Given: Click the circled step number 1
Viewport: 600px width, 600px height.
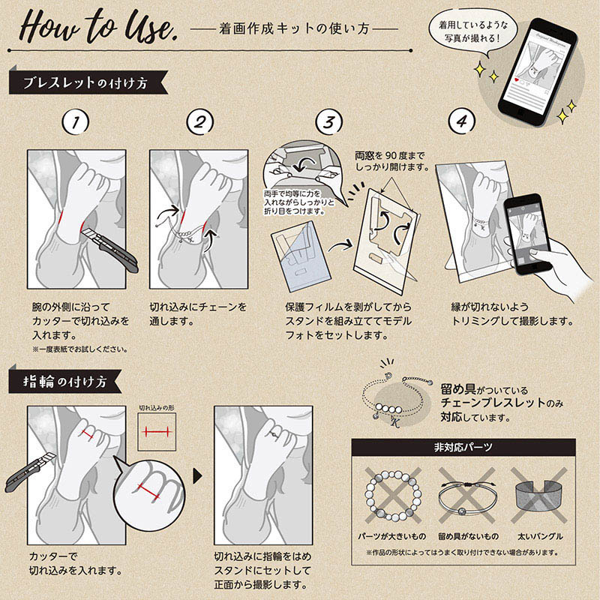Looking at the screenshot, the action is pos(76,122).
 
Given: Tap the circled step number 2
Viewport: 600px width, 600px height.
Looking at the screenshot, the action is pos(199,122).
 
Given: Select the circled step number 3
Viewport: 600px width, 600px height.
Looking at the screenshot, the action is pos(329,122).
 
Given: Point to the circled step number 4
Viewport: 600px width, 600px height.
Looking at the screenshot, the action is pos(462,121).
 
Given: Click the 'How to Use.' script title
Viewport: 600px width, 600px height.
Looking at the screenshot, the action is pos(97,27).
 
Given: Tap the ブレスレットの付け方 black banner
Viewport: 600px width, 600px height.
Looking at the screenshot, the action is pos(88,82).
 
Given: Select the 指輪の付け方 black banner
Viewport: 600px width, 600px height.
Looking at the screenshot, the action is pos(65,382).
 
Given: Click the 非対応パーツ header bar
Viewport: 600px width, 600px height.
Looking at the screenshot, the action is pos(463,447).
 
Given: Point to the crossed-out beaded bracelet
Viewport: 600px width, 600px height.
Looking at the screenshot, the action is pos(393,496).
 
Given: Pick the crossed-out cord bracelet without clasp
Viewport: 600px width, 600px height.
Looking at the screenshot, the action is pos(467,496).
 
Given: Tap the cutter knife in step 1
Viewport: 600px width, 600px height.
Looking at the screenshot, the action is pos(111,250).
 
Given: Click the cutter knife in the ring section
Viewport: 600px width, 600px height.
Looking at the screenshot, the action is pos(30,473).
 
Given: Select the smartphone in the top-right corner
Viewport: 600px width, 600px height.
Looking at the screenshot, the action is pos(537,71).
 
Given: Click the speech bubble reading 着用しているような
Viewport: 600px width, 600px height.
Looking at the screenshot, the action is pos(473,31).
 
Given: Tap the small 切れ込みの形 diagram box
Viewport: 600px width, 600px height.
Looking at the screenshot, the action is pos(157,432).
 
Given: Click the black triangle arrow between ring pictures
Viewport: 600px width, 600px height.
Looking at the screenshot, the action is pos(197,476).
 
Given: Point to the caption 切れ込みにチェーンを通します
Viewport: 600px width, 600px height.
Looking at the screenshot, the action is pos(198,313).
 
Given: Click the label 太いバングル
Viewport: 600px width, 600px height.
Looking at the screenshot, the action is pos(540,536).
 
